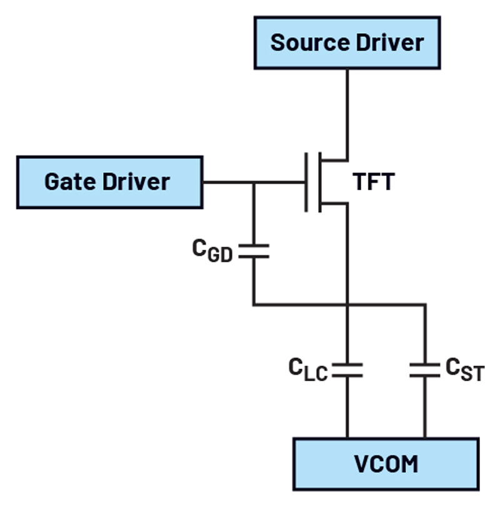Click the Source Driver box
pyautogui.click(x=347, y=43)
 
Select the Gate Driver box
pyautogui.click(x=110, y=182)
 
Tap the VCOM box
pyautogui.click(x=386, y=464)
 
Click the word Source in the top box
pyautogui.click(x=310, y=43)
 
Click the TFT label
pyautogui.click(x=374, y=182)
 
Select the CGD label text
pyautogui.click(x=212, y=250)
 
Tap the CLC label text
pyautogui.click(x=308, y=369)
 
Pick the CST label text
pyautogui.click(x=465, y=369)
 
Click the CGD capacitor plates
pyautogui.click(x=254, y=251)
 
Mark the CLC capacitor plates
pyautogui.click(x=347, y=370)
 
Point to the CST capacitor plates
pyautogui.click(x=425, y=370)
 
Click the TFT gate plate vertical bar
pyautogui.click(x=306, y=182)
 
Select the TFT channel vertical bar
pyautogui.click(x=320, y=182)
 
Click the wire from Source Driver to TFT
pyautogui.click(x=347, y=115)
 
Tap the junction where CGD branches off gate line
pyautogui.click(x=254, y=183)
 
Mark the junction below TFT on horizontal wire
pyautogui.click(x=347, y=305)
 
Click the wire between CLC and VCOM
pyautogui.click(x=347, y=407)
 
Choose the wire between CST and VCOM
pyautogui.click(x=425, y=407)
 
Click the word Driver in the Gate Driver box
pyautogui.click(x=136, y=182)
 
